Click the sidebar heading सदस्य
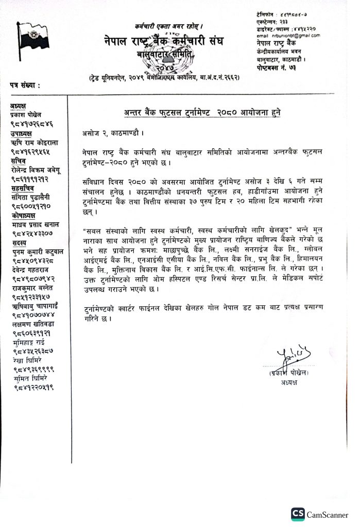click(x=18, y=242)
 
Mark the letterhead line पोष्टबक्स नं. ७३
click(x=277, y=68)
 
